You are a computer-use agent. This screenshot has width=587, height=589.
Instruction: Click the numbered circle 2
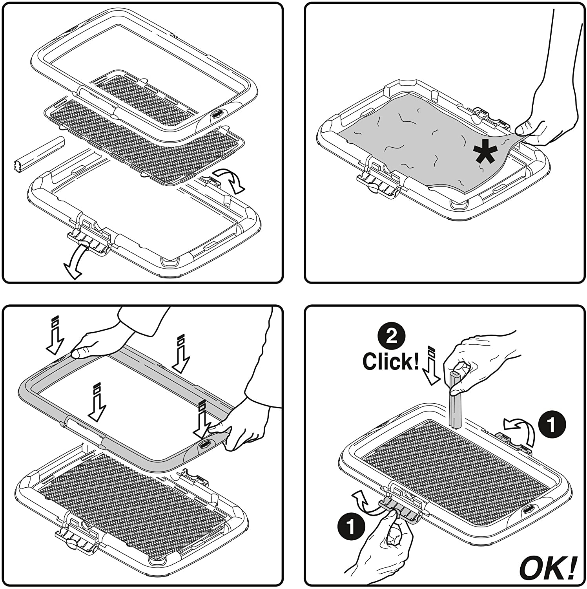[x=391, y=336]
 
